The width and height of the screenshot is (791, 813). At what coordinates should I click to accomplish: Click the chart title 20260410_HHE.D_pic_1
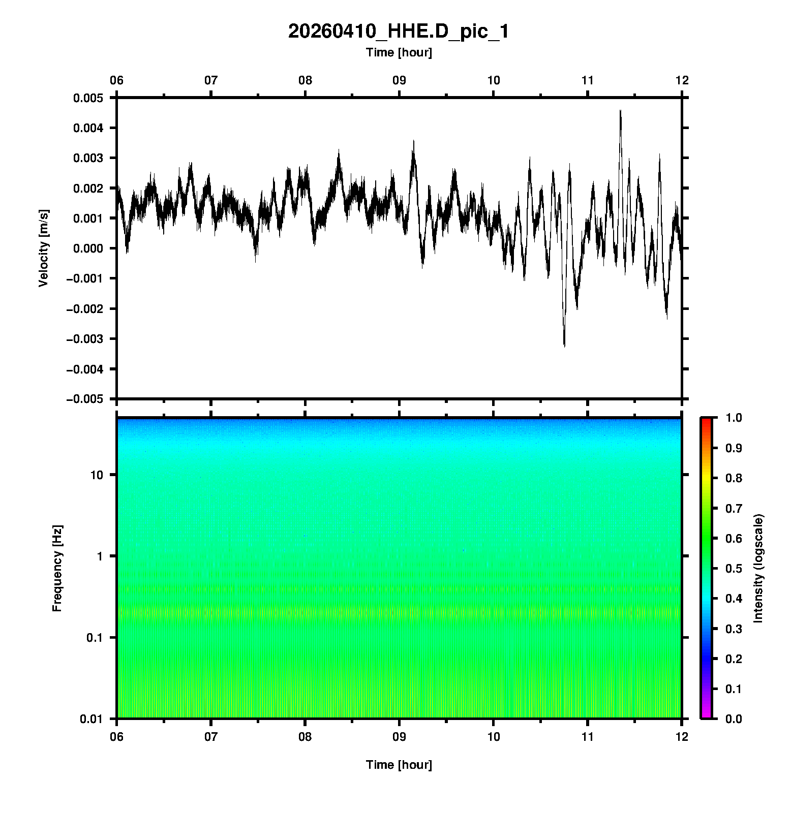pos(398,32)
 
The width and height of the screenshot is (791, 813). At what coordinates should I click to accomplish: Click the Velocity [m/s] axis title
pos(44,248)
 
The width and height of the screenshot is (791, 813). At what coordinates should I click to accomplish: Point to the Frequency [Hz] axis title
pos(57,569)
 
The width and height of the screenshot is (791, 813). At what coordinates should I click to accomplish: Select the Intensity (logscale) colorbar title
pos(758,569)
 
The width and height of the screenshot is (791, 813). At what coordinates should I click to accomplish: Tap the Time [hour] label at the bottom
pos(399,765)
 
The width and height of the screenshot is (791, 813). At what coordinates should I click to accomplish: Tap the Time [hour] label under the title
pos(399,52)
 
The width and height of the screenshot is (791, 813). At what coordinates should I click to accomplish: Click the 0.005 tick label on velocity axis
pos(88,98)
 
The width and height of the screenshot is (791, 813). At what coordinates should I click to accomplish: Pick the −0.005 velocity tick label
pos(84,399)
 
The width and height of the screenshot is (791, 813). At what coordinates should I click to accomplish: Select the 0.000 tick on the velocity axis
pos(88,248)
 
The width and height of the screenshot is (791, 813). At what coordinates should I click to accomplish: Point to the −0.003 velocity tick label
pos(84,339)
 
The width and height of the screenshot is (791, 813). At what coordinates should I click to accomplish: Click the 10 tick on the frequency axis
pos(97,475)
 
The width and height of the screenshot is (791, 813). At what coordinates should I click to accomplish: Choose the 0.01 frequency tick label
pos(92,719)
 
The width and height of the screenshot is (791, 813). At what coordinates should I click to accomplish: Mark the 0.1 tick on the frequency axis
pos(94,638)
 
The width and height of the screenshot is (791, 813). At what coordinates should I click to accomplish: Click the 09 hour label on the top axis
pos(399,80)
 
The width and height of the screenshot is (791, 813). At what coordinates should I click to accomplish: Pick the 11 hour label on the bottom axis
pos(588,736)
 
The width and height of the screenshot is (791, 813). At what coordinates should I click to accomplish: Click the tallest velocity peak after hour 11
pos(620,110)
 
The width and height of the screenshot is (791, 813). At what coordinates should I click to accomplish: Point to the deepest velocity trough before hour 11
pos(564,346)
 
